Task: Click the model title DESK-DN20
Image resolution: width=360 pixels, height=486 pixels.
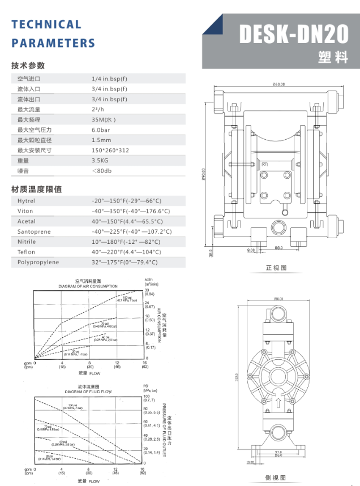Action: pos(294,35)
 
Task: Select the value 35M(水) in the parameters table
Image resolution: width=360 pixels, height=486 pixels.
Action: pos(104,120)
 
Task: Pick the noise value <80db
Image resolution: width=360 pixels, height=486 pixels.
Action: pos(102,171)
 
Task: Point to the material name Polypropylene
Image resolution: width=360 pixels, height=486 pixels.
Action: pos(38,263)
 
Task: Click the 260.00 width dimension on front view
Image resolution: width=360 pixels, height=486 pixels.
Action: pos(278,84)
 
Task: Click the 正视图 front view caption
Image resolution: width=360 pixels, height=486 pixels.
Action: pos(276,267)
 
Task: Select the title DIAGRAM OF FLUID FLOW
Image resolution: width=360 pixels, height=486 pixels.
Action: pos(88,392)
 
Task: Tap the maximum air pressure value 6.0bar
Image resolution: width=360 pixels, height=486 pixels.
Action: pos(101,130)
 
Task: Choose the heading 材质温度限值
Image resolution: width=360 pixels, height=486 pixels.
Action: pos(37,189)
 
